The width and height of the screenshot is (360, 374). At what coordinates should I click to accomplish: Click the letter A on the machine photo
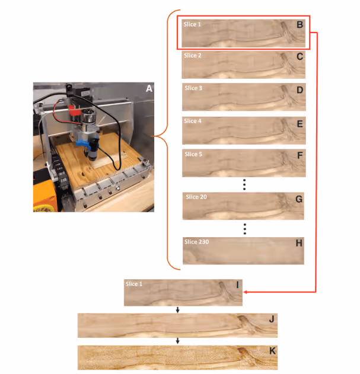coord(149,89)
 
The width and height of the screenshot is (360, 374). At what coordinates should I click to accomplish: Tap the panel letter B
coord(300,24)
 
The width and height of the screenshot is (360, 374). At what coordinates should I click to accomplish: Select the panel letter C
coord(300,56)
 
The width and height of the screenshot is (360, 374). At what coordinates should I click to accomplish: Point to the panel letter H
coord(299,243)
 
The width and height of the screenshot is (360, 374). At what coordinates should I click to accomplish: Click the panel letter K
coord(272,351)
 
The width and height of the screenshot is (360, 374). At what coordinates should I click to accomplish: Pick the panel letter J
coord(272,319)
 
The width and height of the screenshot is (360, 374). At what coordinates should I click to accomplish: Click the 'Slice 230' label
coord(197,242)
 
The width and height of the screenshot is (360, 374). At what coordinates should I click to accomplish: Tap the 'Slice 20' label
coord(196,197)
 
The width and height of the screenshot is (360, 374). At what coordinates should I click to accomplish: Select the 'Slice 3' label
coord(193,88)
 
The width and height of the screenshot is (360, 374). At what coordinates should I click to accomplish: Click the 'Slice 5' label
coord(193,154)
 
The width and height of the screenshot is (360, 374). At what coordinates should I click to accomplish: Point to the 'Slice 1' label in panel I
coord(134,284)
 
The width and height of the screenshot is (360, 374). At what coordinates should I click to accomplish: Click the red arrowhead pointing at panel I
coord(246,292)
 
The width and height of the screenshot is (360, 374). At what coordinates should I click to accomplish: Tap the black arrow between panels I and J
coord(177,310)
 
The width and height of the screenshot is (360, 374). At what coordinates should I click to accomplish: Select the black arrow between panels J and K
coord(177,341)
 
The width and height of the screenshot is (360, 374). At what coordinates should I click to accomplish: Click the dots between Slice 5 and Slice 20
coord(244,184)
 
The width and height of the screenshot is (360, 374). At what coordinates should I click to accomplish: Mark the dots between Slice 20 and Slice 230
coord(245,229)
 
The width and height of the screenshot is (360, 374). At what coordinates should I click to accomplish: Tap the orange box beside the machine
coord(45,196)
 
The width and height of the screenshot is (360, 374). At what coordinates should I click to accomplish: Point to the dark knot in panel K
coord(241,350)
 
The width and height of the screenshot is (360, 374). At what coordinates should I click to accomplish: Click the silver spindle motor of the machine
coord(88,119)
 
